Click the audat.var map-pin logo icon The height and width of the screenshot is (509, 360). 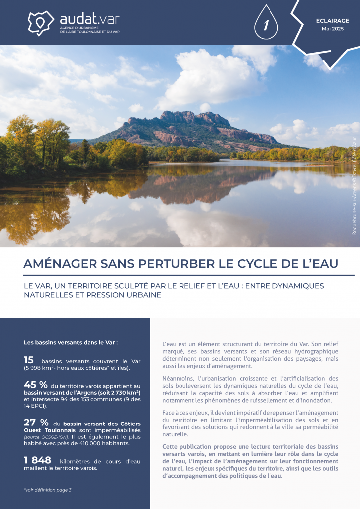[41, 22]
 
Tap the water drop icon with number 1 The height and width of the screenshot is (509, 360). [266, 23]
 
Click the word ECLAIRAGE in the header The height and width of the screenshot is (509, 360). [332, 21]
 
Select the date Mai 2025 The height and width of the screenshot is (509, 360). [332, 29]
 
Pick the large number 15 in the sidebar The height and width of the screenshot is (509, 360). [29, 360]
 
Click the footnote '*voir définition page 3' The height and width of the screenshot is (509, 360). [48, 490]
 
